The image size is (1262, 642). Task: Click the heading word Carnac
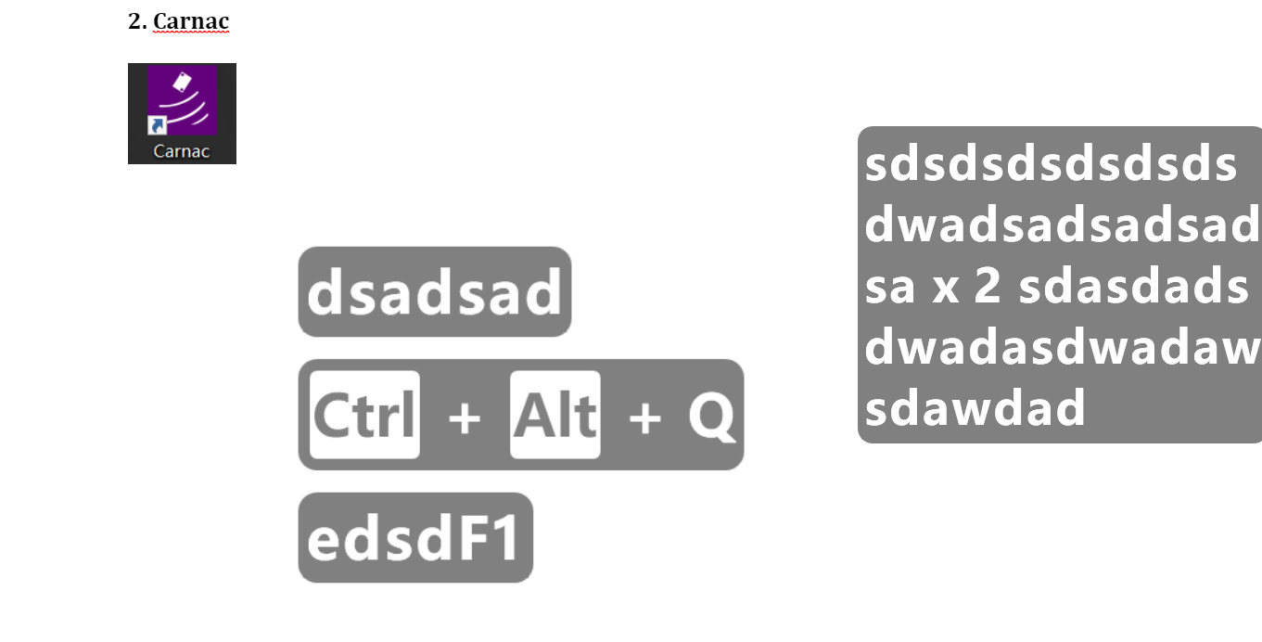point(191,21)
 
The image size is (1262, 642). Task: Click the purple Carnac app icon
point(183,101)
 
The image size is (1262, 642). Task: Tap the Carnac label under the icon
point(182,151)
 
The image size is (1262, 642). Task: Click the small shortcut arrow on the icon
point(157,125)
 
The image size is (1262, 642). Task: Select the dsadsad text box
point(434,292)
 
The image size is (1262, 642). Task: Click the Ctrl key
point(364,415)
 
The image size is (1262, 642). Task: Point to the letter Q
point(711,417)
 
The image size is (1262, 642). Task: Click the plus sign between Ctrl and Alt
point(465,417)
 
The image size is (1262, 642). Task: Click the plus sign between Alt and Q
point(644,417)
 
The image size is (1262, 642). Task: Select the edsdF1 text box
point(415,538)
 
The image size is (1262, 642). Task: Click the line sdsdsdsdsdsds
point(1051,164)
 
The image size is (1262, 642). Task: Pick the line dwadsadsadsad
point(1062,225)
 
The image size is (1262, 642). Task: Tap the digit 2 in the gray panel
point(988,287)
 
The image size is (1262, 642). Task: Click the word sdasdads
point(1133,287)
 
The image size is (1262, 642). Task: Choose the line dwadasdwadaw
point(1062,348)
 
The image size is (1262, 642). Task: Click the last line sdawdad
point(975,407)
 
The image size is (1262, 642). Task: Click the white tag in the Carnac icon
point(182,82)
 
